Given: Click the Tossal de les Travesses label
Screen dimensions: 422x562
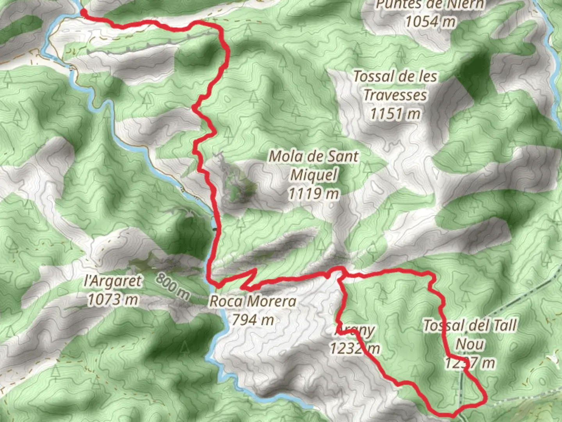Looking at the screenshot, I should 395,86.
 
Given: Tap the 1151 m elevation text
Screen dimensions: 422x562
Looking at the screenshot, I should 395,114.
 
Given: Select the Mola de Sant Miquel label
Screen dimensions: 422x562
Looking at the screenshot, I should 314,165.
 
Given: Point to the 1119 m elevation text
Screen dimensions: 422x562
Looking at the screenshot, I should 314,193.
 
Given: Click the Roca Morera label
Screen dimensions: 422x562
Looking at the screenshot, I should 253,301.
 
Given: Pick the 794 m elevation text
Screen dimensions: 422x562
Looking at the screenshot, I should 253,320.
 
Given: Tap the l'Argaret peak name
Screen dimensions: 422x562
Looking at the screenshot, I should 114,281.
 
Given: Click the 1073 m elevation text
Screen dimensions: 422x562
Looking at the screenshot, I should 113,300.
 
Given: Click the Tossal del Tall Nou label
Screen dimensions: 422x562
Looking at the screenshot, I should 470,334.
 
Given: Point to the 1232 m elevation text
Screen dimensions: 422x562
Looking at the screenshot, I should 354,348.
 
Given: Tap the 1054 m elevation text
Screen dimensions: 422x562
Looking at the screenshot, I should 430,21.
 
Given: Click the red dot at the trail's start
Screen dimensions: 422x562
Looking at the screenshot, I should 83,13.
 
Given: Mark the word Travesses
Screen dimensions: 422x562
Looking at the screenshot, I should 395,95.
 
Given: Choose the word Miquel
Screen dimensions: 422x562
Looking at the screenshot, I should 314,175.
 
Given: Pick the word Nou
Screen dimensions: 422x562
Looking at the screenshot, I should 470,344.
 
